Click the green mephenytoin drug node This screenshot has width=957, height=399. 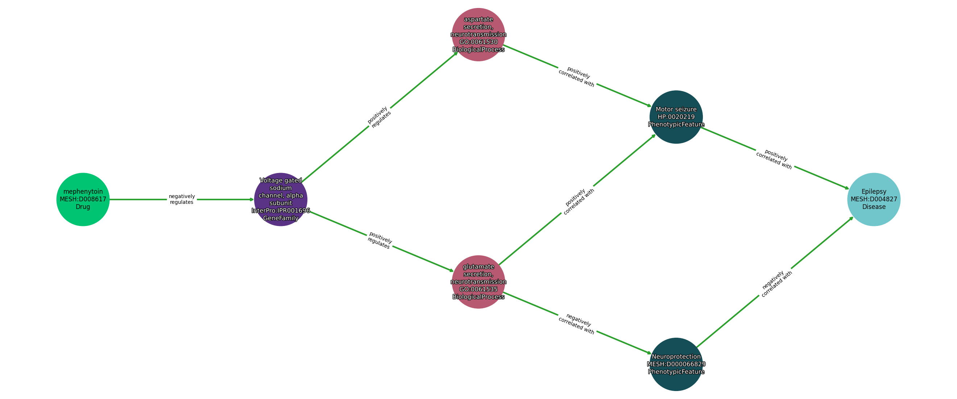tap(83, 199)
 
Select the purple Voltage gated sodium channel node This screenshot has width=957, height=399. tap(281, 199)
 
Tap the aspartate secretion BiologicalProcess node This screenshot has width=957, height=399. tap(478, 34)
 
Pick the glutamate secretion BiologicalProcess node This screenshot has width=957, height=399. tap(478, 281)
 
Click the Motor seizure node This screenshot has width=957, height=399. tap(676, 117)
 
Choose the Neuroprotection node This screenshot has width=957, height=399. tap(676, 364)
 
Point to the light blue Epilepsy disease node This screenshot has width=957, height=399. tap(873, 199)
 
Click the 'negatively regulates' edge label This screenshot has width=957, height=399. tap(182, 199)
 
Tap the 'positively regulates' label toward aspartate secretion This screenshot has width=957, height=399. tap(379, 117)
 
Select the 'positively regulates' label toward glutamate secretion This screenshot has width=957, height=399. tap(379, 240)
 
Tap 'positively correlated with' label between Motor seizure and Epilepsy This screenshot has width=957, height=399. tap(775, 159)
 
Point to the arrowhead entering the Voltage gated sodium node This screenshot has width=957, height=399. tap(252, 199)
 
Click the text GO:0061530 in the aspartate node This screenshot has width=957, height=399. tap(478, 42)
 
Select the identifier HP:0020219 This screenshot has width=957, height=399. tap(676, 117)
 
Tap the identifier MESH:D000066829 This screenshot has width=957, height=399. tap(676, 364)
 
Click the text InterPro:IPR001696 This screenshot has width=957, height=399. tap(281, 210)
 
